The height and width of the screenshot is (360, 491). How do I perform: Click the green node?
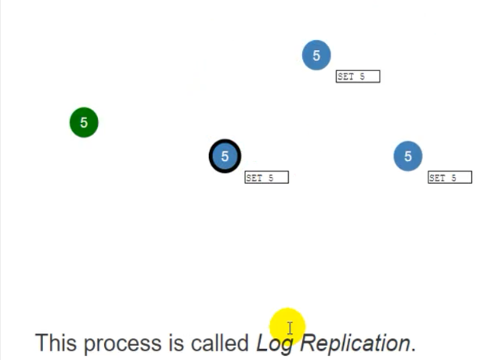[84, 123]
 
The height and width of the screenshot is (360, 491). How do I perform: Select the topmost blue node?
[316, 56]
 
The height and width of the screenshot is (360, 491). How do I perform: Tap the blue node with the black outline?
[225, 157]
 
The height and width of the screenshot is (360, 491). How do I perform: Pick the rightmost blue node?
[407, 157]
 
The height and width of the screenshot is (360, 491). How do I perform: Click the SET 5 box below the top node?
[357, 77]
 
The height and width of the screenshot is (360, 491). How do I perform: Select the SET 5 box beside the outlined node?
[266, 178]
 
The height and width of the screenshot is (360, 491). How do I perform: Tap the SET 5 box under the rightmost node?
[449, 178]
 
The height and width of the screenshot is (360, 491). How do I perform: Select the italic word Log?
[274, 344]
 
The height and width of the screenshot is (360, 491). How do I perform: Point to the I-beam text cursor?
[289, 329]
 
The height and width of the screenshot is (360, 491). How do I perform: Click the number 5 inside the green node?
[84, 123]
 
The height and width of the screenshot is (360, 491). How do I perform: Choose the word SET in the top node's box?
[347, 77]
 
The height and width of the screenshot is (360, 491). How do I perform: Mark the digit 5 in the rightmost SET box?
[453, 178]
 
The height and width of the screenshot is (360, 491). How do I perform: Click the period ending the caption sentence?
[413, 349]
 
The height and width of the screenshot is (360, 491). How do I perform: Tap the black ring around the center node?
[211, 157]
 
